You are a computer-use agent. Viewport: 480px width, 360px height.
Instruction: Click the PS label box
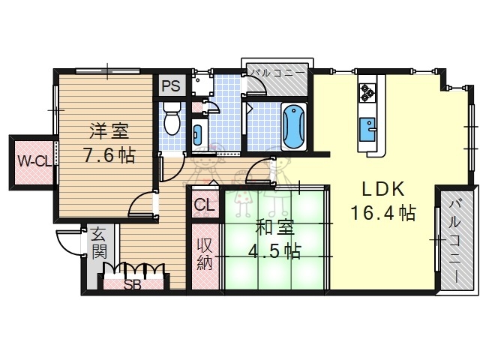(x=171, y=85)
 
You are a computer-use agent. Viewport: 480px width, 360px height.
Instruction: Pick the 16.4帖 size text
(x=382, y=214)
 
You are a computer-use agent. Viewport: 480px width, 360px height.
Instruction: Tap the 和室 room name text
(x=274, y=225)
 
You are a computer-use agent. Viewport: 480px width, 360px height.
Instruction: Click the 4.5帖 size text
(x=274, y=250)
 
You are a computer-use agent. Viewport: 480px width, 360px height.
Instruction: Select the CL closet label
(x=204, y=205)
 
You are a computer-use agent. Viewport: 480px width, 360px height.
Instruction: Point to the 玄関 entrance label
(x=98, y=242)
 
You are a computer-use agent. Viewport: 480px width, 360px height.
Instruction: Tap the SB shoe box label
(x=133, y=284)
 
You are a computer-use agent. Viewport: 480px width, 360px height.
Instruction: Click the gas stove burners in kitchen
(x=367, y=92)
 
